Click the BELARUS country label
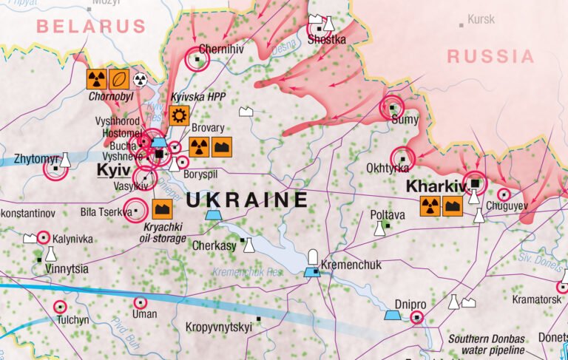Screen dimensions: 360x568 coord(91,27)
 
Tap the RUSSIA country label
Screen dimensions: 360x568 coord(490,56)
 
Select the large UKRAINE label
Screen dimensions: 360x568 coord(246,200)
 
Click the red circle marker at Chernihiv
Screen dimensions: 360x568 coord(197,58)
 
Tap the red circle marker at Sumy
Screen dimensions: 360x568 coord(392,107)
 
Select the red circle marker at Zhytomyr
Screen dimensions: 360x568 coord(55,169)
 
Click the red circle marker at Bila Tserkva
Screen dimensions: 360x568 coord(135,211)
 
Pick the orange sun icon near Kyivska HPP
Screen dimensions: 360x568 coord(178,115)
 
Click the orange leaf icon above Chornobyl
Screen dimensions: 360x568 coord(119,79)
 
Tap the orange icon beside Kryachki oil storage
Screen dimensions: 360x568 coord(162,209)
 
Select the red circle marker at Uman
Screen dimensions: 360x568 coord(140,302)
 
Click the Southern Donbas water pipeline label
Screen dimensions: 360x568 coord(486,344)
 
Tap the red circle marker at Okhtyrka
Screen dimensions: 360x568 coord(403,157)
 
